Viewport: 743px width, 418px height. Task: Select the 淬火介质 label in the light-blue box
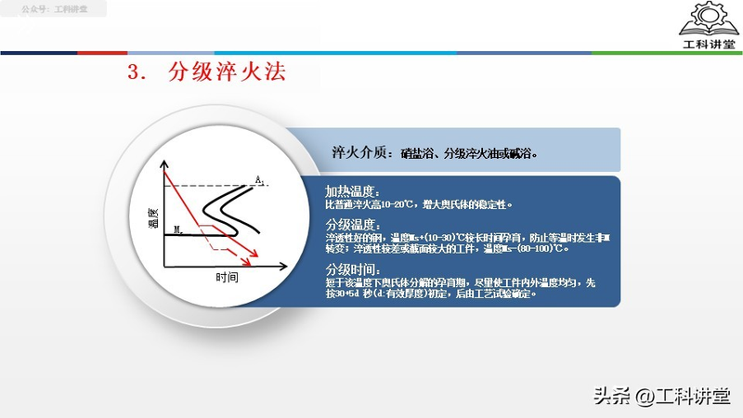[x=362, y=152]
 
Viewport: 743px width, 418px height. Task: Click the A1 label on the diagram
[x=261, y=179]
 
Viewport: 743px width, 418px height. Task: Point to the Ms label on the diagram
[x=179, y=228]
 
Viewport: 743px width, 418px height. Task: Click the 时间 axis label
[x=227, y=278]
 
